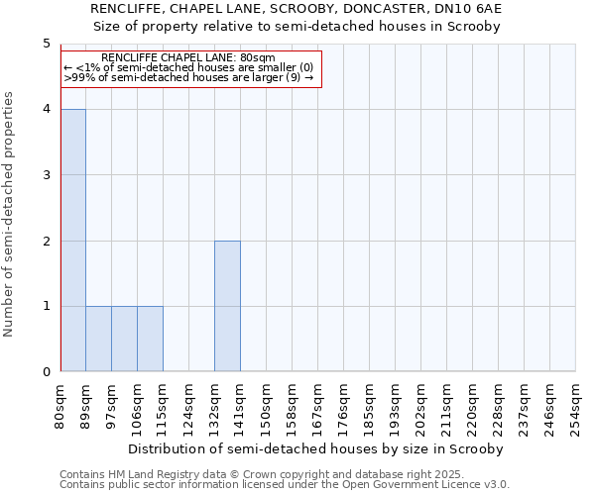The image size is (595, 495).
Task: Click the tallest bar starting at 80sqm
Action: pyautogui.click(x=72, y=241)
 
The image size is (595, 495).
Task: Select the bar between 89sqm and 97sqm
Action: pyautogui.click(x=98, y=339)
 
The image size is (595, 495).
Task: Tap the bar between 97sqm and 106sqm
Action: pyautogui.click(x=124, y=339)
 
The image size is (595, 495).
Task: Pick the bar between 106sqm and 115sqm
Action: pyautogui.click(x=150, y=339)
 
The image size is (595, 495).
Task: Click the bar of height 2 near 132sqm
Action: pyautogui.click(x=227, y=306)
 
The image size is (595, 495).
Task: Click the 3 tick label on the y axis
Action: pyautogui.click(x=46, y=175)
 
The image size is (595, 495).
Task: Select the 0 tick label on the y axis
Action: pyautogui.click(x=46, y=371)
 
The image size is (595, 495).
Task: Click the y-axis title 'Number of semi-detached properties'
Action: pyautogui.click(x=10, y=214)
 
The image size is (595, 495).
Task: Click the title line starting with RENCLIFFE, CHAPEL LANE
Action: pyautogui.click(x=297, y=9)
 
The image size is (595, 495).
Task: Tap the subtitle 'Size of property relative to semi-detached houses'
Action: pyautogui.click(x=297, y=26)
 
